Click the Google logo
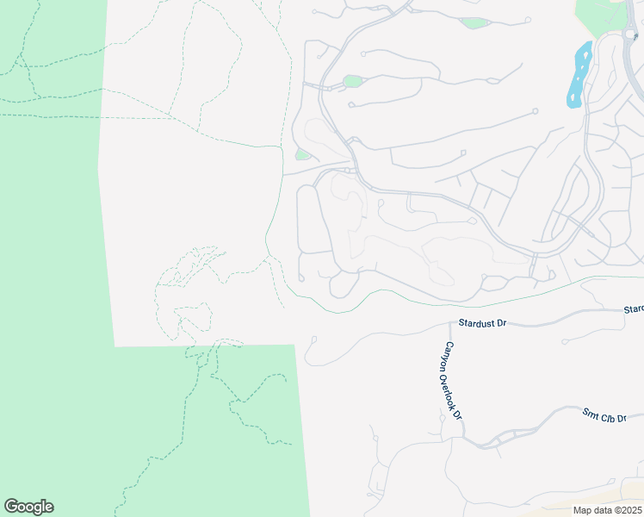pyautogui.click(x=28, y=507)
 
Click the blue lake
pyautogui.click(x=579, y=75)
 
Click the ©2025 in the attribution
pyautogui.click(x=622, y=510)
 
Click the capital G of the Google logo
pyautogui.click(x=10, y=506)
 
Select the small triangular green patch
pyautogui.click(x=301, y=154)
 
